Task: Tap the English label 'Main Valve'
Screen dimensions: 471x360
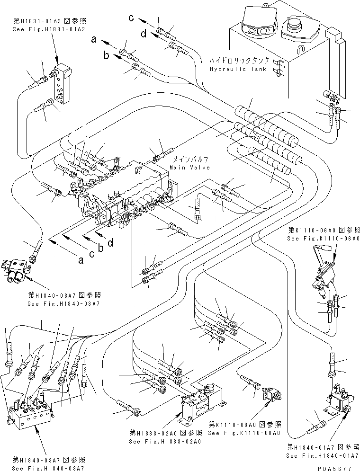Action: point(188,168)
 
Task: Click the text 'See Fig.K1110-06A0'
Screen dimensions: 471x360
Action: point(323,239)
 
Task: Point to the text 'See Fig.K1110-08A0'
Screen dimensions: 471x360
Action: point(244,433)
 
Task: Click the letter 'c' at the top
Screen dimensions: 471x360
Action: point(134,18)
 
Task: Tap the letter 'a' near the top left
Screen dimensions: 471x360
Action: point(95,41)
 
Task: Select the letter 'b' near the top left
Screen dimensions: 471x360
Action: point(107,55)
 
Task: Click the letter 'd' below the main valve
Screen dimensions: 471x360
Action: point(110,243)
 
